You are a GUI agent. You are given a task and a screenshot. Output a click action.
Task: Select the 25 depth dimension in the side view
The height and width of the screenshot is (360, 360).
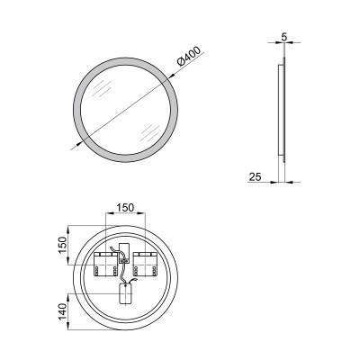[x=256, y=177]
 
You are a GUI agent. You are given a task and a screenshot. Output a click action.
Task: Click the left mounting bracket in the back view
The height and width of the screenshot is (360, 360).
[x=106, y=266]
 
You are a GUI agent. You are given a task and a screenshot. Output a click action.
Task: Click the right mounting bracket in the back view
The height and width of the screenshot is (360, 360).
[x=146, y=266]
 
